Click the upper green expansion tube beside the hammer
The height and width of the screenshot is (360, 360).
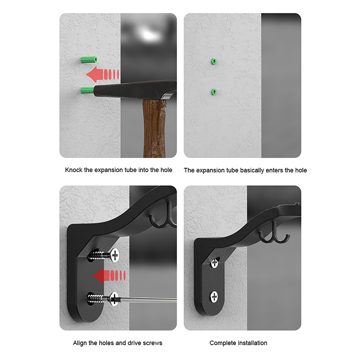89,60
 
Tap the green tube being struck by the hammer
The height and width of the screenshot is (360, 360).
87,90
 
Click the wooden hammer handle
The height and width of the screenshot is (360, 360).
154,128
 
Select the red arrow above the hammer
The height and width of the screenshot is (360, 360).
103,74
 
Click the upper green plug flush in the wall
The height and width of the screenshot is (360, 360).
213,61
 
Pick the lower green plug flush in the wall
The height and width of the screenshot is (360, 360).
214,92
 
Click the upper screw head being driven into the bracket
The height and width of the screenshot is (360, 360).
114,255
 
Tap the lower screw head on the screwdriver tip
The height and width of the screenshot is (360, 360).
114,299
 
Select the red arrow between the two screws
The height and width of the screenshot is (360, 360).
109,275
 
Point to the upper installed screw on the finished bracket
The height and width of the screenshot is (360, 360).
215,263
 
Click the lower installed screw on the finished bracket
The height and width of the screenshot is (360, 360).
214,297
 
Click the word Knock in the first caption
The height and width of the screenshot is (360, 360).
73,170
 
